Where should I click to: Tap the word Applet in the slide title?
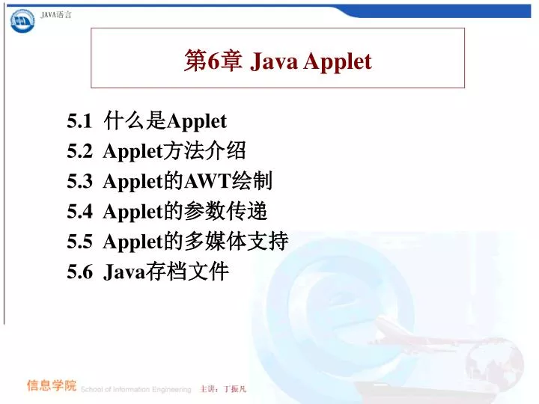coord(338,61)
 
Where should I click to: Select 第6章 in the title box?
coord(213,61)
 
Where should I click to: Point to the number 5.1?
coord(79,120)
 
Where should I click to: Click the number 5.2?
coord(79,151)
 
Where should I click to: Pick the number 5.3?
coord(79,182)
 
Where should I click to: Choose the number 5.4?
coord(79,212)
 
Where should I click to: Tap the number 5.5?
coord(79,242)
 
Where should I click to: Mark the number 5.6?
coord(79,273)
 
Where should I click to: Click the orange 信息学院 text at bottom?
coord(52,386)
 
